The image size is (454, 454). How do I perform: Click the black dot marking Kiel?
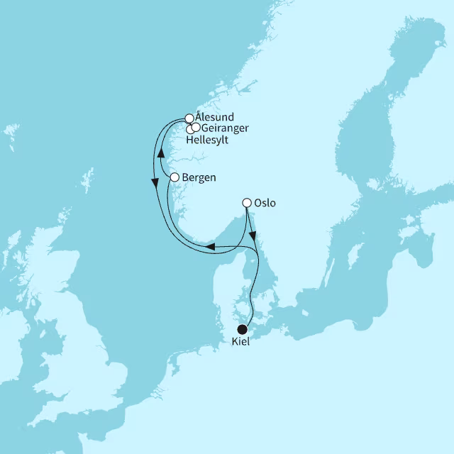point(243,329)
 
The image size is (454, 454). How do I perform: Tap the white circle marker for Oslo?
point(247,203)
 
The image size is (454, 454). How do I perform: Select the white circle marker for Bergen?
point(175,177)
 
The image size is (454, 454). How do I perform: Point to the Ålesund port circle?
point(189,118)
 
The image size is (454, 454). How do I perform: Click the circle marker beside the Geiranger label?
point(195,127)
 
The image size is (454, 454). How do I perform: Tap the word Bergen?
point(199,177)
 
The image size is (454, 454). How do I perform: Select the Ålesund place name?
point(214,117)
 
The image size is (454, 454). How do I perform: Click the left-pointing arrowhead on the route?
point(211,246)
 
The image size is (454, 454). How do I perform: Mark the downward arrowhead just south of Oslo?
point(254,234)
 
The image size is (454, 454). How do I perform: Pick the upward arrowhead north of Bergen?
point(161,152)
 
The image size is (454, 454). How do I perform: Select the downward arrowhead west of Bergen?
point(155,183)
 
